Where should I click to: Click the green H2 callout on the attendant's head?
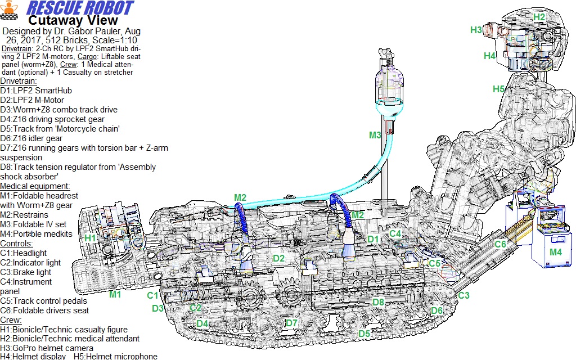point(539,17)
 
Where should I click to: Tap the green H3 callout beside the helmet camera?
point(476,30)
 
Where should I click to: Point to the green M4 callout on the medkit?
point(555,252)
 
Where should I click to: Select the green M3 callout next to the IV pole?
point(375,135)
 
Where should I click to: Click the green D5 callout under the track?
point(364,334)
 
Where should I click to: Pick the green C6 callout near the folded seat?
point(501,244)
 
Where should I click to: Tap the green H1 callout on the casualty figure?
point(90,238)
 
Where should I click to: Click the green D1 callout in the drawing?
point(373,239)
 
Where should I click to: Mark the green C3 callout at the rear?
point(463,295)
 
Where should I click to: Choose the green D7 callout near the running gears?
point(291,323)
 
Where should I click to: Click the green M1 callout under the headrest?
point(115,294)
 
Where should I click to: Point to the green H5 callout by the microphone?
point(498,89)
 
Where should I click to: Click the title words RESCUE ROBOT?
point(80,8)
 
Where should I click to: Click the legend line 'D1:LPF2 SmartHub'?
point(36,91)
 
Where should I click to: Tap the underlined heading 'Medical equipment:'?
point(35,186)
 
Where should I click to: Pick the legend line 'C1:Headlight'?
point(23,253)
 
